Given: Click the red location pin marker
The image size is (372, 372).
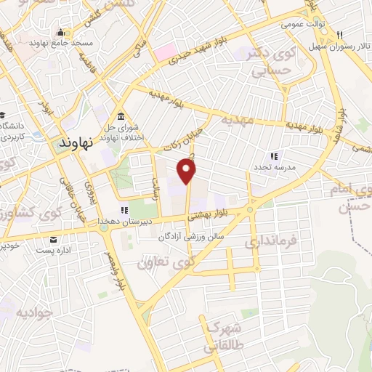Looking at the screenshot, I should (187, 171).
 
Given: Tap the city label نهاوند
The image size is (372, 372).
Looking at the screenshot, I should (73, 143).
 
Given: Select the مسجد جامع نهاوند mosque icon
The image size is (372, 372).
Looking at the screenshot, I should (60, 32).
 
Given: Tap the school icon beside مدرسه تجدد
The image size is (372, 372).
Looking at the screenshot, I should (274, 156).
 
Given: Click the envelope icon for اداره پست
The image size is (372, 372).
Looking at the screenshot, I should (53, 240).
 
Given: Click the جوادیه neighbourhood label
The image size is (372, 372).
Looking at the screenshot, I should (33, 313).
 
